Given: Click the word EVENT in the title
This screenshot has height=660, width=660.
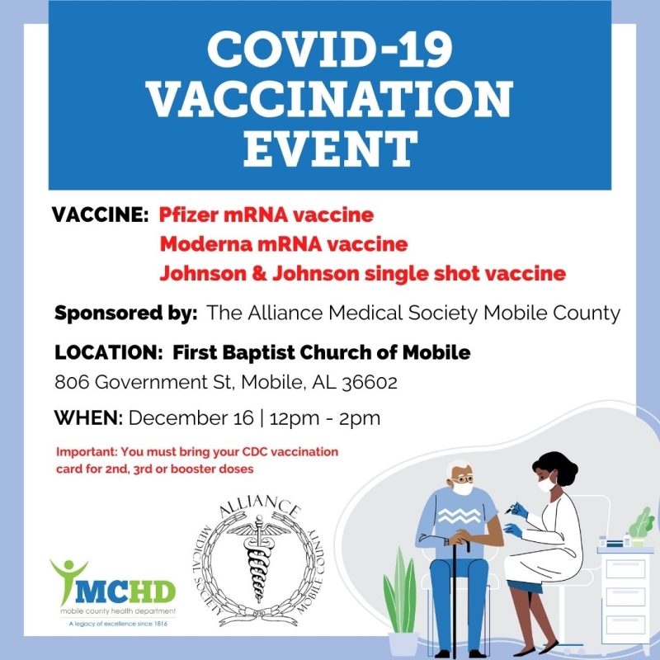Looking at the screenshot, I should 329,150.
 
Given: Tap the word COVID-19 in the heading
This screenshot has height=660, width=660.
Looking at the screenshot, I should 329,51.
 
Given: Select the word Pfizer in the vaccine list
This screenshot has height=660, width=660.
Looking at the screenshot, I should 183,216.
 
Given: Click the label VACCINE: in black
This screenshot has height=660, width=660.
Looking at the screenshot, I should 100,216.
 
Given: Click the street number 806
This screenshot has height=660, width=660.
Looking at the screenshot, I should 72,383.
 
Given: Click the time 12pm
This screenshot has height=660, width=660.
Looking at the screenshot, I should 296,418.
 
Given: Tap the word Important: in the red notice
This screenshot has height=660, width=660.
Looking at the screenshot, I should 88,453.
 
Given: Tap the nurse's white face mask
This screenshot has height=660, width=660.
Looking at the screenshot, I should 545,483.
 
